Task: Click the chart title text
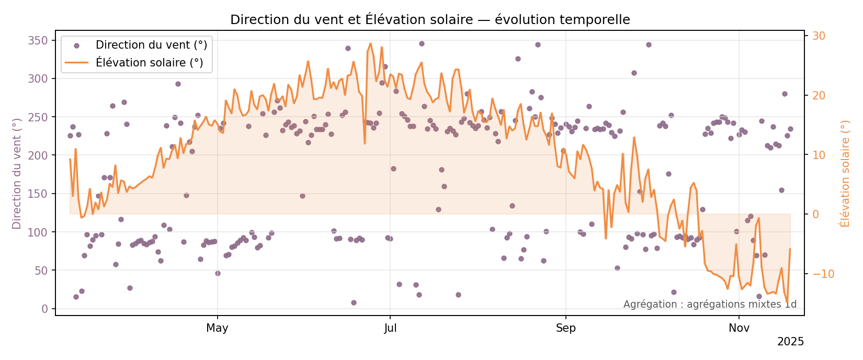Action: click(x=430, y=20)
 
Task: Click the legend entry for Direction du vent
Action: click(x=151, y=46)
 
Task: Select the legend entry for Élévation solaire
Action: click(x=149, y=63)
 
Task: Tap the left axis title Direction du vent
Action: click(x=17, y=174)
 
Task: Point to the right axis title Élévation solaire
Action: click(x=845, y=174)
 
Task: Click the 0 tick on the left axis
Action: click(x=44, y=309)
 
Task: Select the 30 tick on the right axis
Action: click(x=819, y=36)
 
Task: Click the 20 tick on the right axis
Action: click(x=819, y=96)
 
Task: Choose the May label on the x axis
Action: click(x=217, y=329)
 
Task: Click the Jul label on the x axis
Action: click(x=390, y=329)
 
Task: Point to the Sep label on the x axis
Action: click(x=565, y=329)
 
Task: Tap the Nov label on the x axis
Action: click(x=739, y=329)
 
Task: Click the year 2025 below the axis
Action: click(x=790, y=342)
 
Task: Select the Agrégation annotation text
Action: click(x=710, y=305)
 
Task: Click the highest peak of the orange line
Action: click(x=370, y=43)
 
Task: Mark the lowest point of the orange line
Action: click(x=787, y=303)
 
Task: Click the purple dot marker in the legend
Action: click(x=76, y=46)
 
